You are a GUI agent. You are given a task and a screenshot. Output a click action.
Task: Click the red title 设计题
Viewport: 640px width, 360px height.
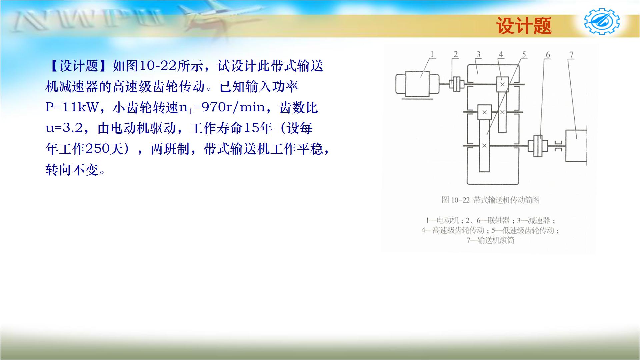click(x=524, y=26)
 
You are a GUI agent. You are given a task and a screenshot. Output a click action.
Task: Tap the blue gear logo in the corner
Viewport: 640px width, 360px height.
click(x=602, y=22)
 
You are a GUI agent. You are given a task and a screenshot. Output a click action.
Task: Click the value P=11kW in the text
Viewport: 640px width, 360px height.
click(x=72, y=107)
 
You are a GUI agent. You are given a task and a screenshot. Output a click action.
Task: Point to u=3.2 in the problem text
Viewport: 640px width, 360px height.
click(x=64, y=128)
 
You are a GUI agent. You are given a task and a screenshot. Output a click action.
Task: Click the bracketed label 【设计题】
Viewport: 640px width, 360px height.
click(x=79, y=66)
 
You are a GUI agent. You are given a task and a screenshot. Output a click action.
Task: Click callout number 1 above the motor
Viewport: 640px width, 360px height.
click(x=432, y=54)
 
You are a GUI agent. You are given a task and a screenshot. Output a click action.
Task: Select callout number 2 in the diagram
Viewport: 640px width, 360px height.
click(x=456, y=54)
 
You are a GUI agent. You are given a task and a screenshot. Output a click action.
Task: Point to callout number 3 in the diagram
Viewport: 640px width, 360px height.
click(x=478, y=54)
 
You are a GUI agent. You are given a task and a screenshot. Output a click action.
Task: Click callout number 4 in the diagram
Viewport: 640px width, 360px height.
click(x=501, y=54)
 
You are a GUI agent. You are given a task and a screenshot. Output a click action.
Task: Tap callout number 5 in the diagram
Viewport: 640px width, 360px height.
click(x=524, y=54)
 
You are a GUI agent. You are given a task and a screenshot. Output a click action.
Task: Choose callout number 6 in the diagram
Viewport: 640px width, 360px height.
click(x=548, y=55)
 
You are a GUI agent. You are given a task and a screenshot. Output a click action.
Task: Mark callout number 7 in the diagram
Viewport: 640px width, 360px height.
click(x=571, y=55)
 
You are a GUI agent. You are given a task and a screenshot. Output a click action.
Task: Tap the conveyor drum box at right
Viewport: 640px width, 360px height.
click(x=576, y=146)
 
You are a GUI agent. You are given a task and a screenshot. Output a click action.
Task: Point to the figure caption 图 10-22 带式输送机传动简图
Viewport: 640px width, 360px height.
click(x=490, y=200)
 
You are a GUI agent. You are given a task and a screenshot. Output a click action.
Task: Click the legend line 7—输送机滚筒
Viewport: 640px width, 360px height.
click(x=490, y=240)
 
